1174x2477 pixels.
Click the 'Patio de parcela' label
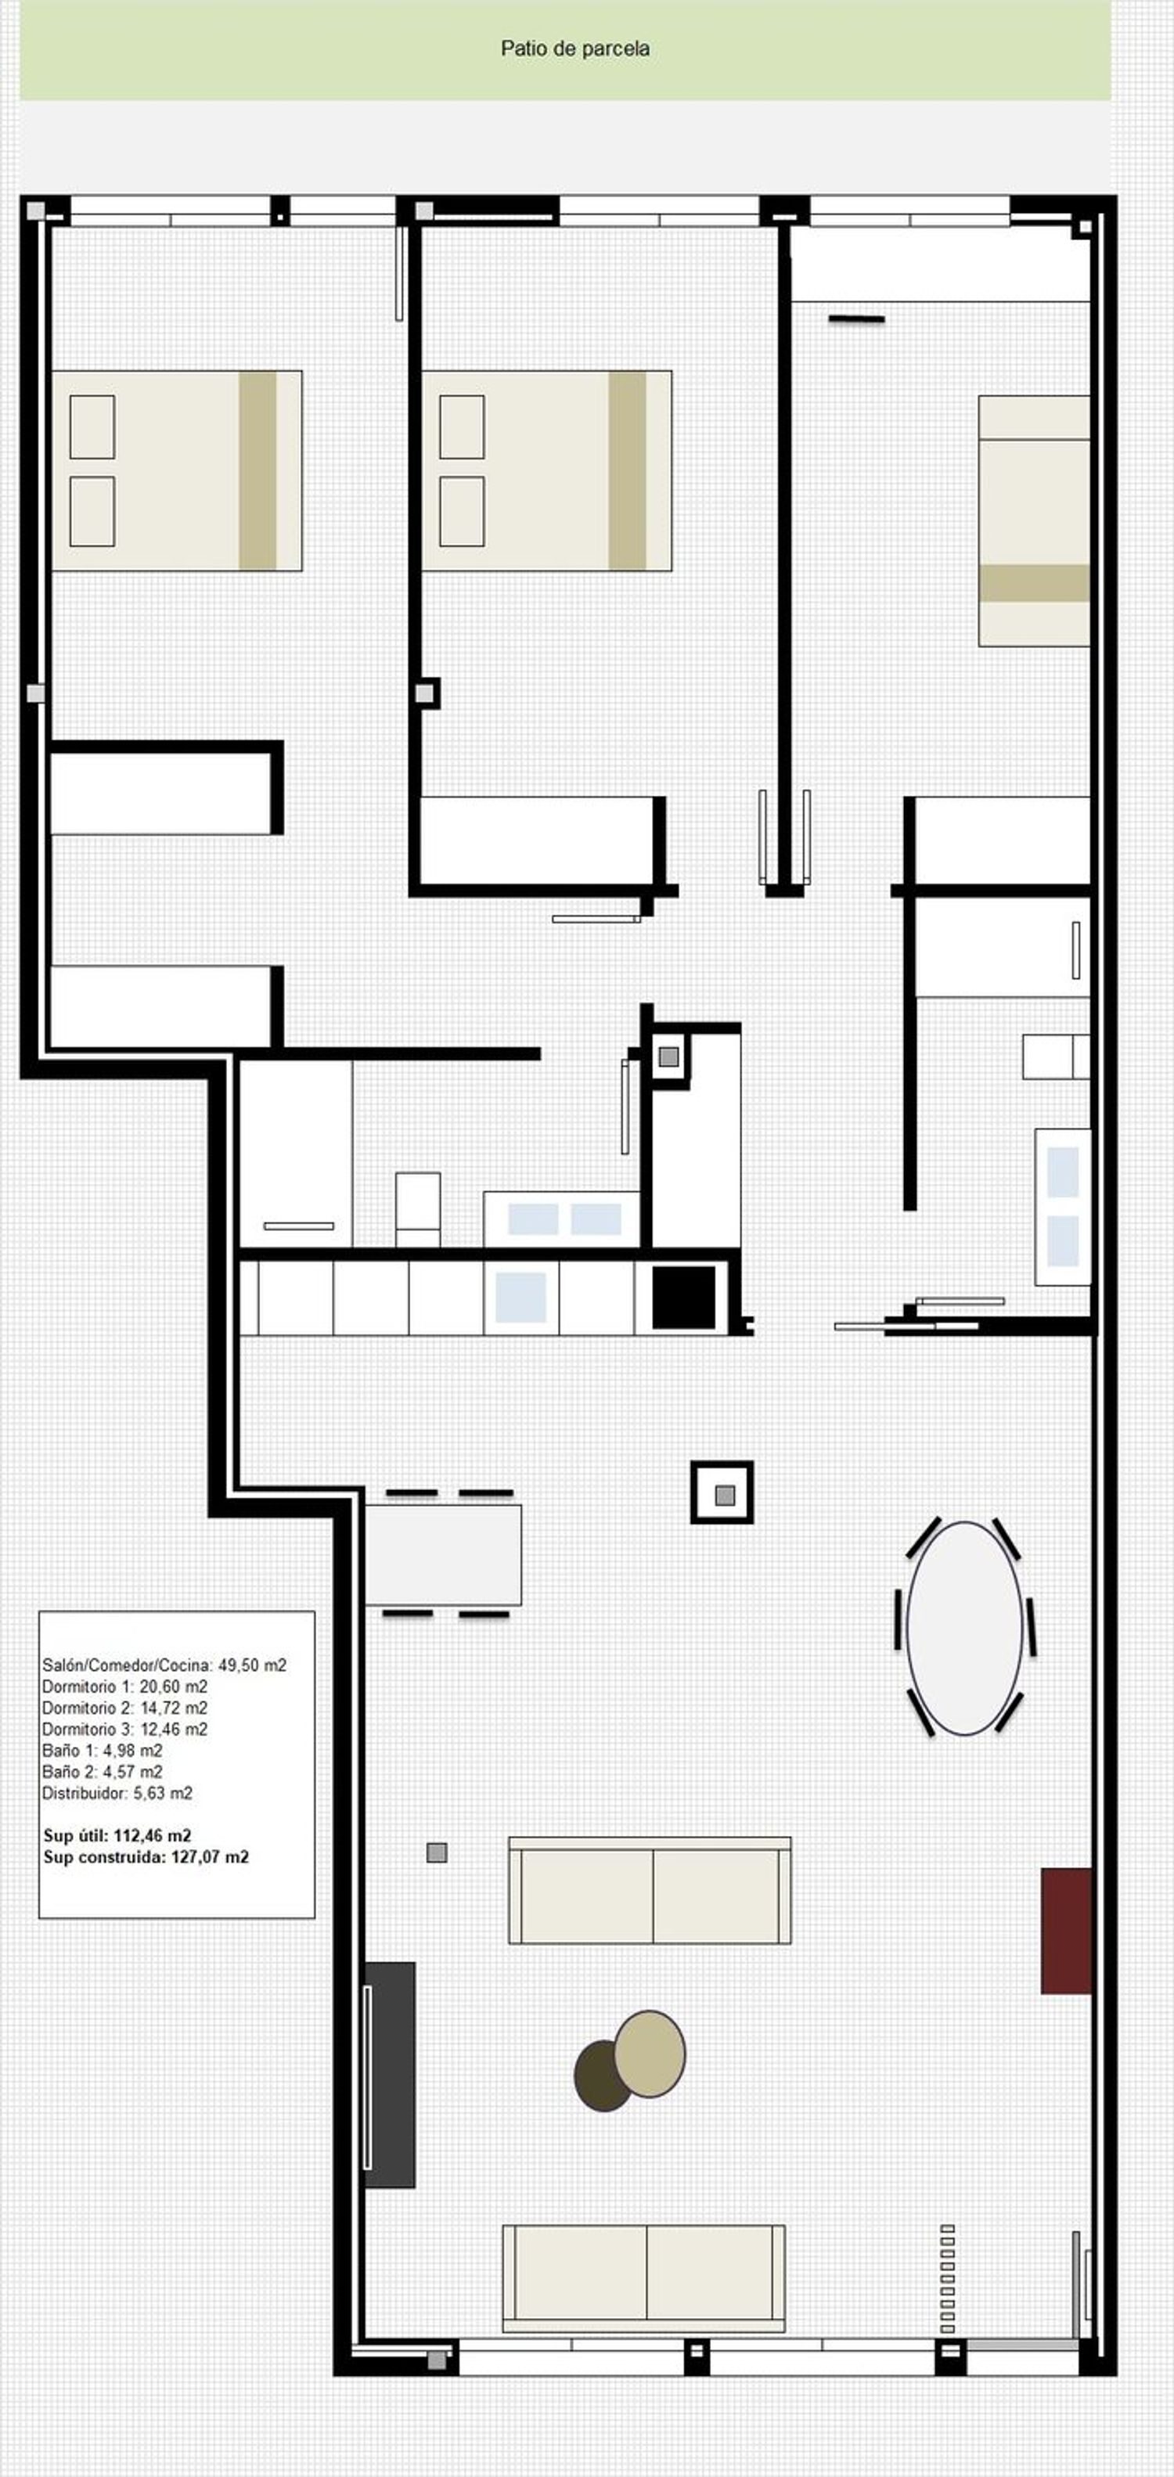(x=575, y=48)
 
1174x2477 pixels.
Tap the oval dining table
(x=964, y=1628)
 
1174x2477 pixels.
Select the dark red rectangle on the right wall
(x=1068, y=1931)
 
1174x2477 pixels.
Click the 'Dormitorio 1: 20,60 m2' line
(x=125, y=1687)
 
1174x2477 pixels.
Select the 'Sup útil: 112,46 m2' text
(x=117, y=1835)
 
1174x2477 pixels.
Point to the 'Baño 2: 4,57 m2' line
(x=102, y=1771)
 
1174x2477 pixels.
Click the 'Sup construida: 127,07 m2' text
(x=146, y=1857)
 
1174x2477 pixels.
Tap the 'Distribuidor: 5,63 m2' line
(x=117, y=1792)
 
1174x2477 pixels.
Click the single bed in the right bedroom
(x=1035, y=520)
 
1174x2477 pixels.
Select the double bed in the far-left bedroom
(x=177, y=471)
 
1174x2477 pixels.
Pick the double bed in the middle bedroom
(x=546, y=471)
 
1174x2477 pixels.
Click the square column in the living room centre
(x=722, y=1492)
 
